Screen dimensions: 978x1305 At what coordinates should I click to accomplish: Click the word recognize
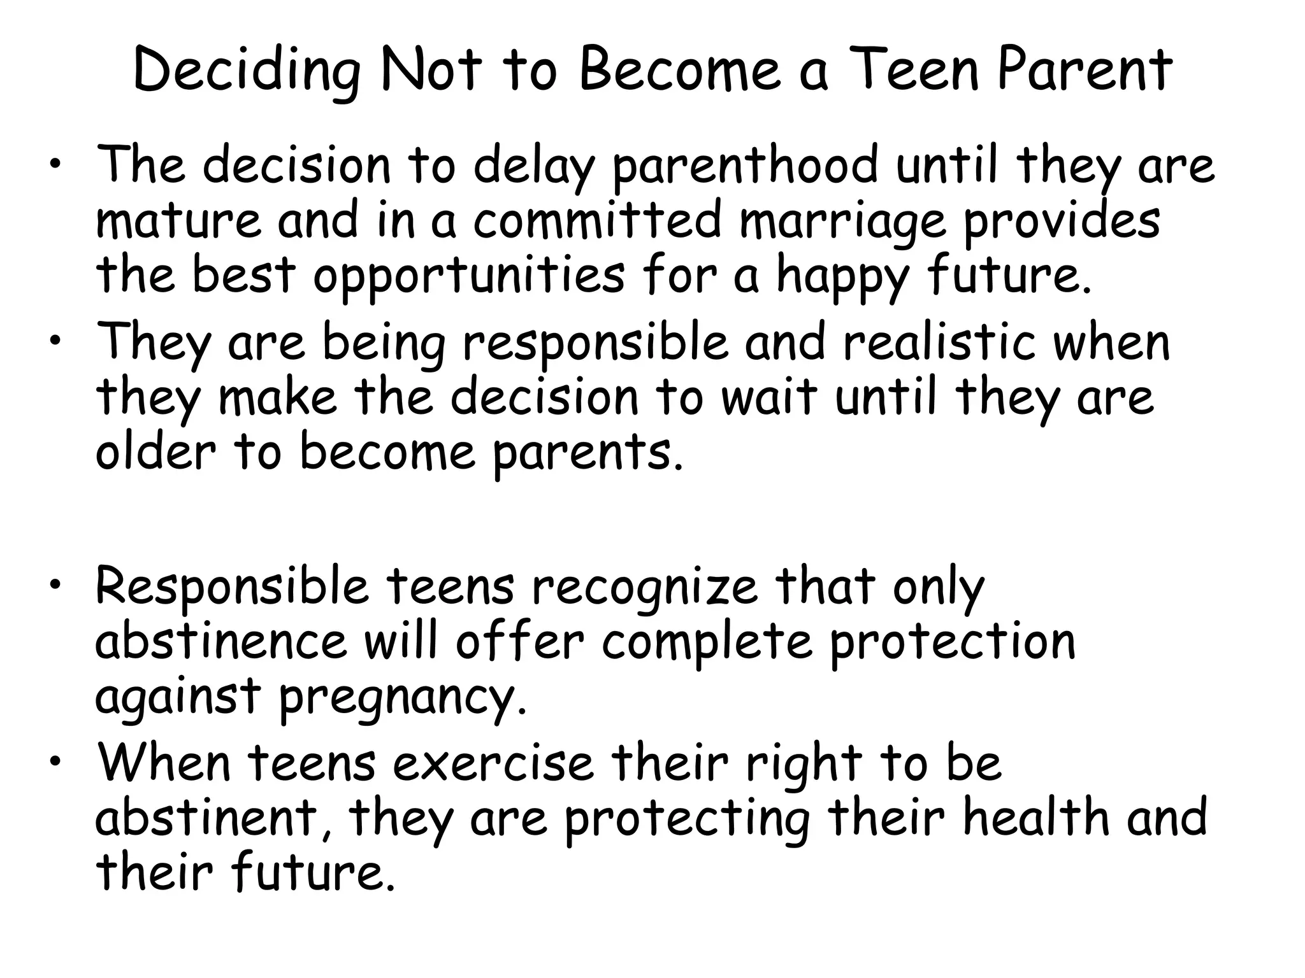[645, 588]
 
